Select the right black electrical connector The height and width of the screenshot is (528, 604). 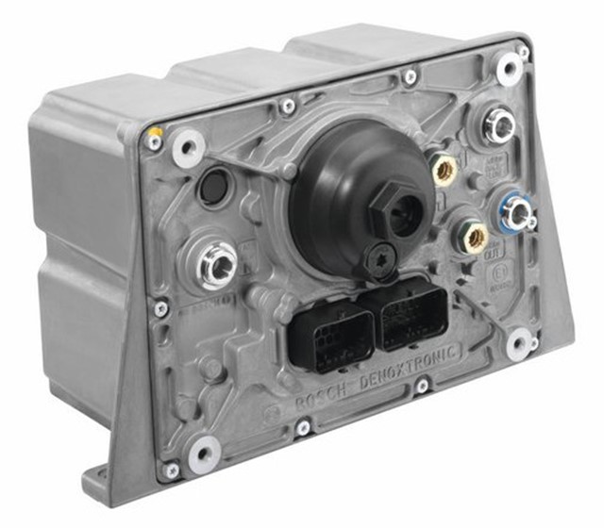pos(410,313)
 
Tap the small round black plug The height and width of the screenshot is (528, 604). pos(212,187)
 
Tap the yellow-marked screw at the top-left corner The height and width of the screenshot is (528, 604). pos(154,142)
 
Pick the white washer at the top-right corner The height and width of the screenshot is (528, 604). pos(510,68)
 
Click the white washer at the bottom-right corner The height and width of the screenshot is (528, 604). pos(518,344)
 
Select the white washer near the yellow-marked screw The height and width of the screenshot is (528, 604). pos(188,149)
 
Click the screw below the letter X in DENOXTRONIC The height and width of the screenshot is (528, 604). pos(422,386)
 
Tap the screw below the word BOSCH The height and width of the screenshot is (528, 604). pos(302,428)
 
